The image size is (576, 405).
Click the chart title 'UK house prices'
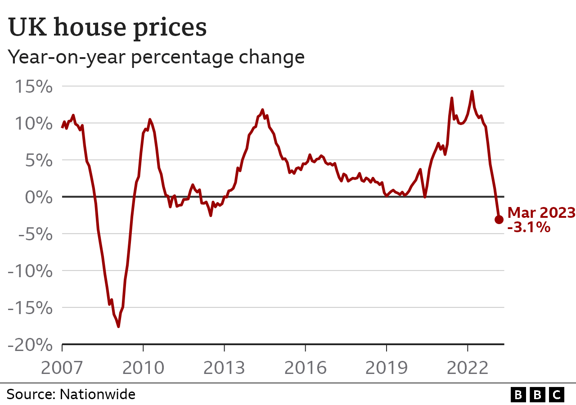[x=108, y=28]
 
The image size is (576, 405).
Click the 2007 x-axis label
[x=62, y=368]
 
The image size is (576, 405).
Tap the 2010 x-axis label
[x=143, y=368]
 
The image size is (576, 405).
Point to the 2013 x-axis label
[x=224, y=368]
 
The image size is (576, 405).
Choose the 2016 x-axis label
[x=305, y=368]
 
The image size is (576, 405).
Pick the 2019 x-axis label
[x=386, y=368]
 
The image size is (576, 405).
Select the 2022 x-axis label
[x=467, y=368]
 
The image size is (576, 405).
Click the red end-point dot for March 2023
[x=499, y=220]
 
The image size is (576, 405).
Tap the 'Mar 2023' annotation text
[x=541, y=213]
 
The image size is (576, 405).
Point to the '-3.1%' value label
[x=529, y=227]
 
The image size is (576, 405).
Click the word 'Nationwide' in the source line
[x=98, y=395]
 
